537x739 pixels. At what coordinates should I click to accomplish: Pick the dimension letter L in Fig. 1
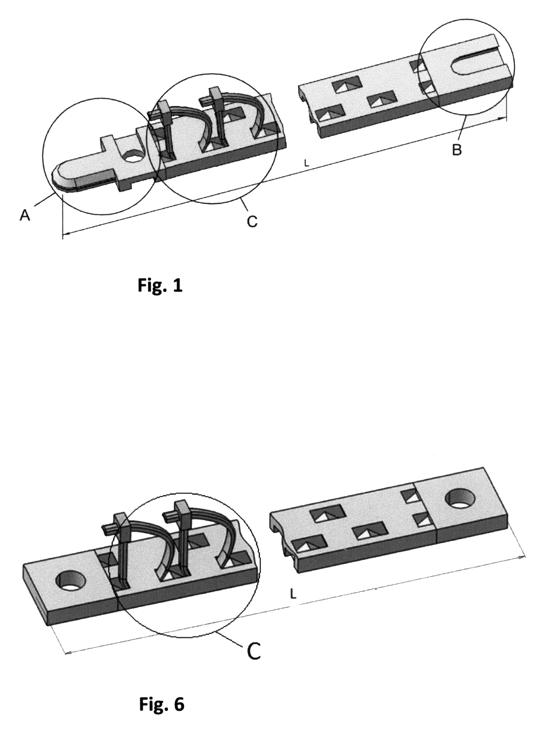point(306,164)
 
